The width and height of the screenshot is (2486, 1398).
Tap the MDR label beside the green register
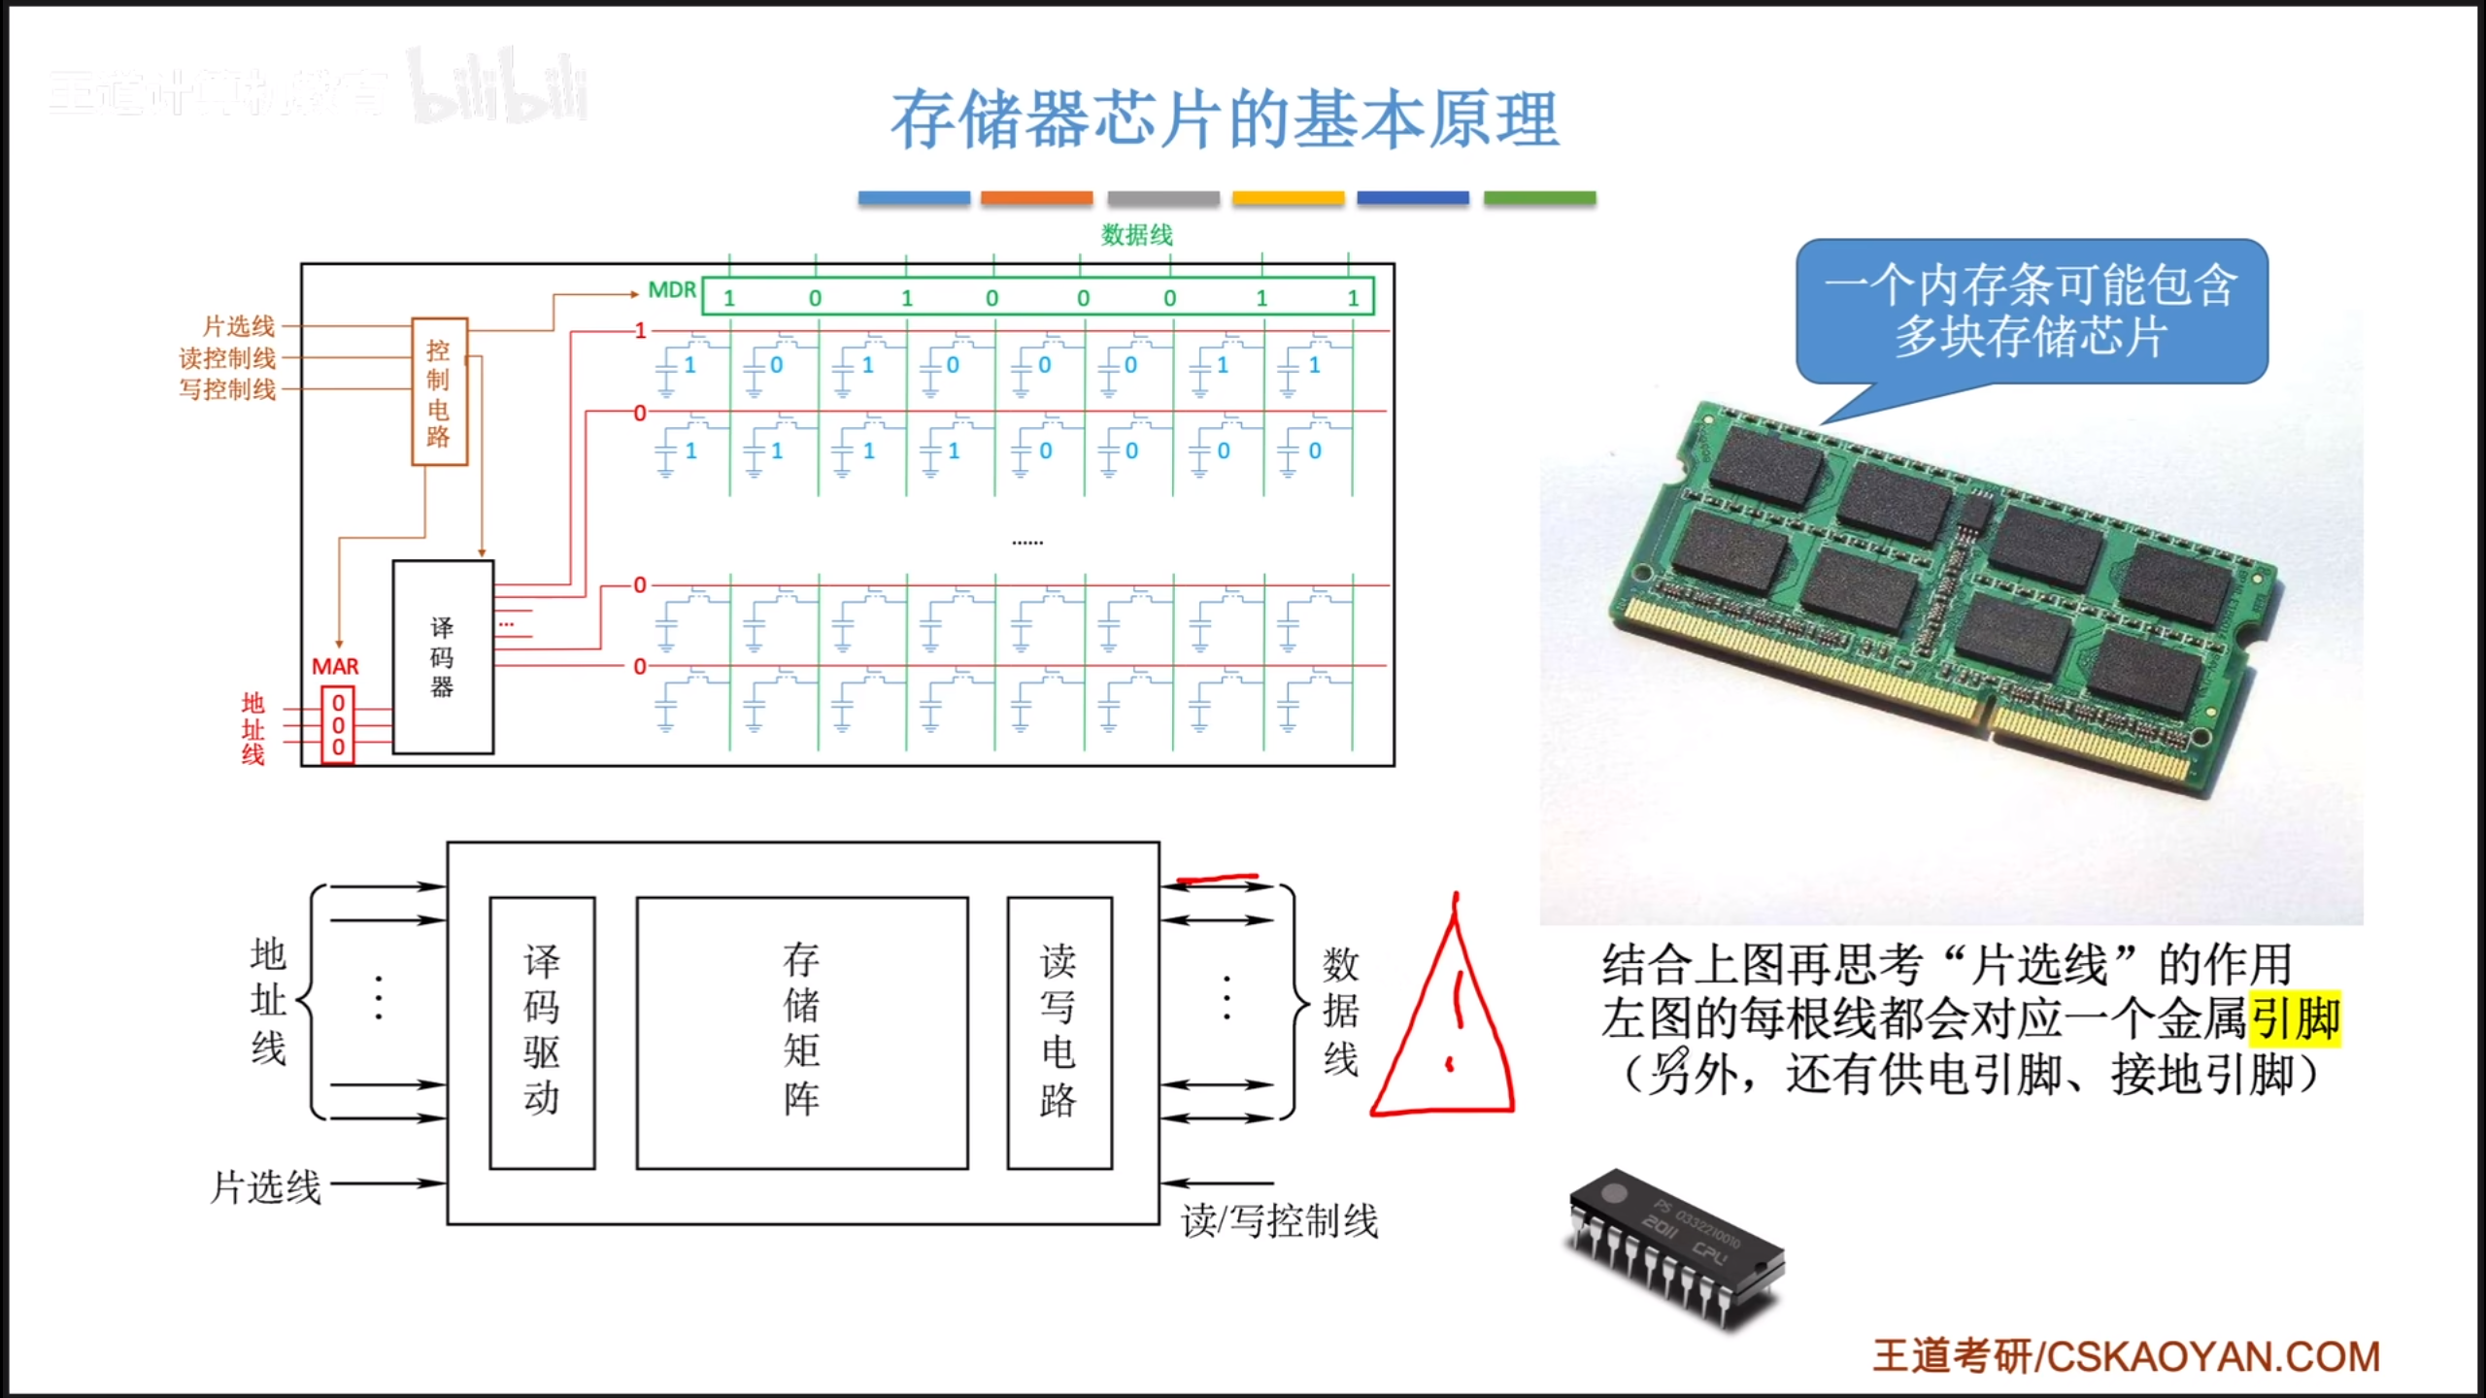coord(672,290)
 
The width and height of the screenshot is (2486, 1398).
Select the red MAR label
coord(335,667)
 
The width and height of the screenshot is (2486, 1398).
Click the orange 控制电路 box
coord(439,392)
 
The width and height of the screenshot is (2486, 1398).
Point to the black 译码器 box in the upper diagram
coord(443,657)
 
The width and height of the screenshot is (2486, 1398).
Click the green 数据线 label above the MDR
coord(1136,235)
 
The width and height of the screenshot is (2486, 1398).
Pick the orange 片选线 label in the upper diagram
coord(239,326)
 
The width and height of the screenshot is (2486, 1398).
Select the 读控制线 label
coord(227,358)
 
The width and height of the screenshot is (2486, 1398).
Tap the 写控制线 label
coord(227,389)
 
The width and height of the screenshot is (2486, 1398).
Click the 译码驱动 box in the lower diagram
coord(542,1032)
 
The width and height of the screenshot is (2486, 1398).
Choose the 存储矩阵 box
coord(802,1032)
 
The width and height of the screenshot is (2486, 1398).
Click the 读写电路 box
coord(1059,1032)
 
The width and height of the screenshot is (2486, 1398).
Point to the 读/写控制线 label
coord(1280,1221)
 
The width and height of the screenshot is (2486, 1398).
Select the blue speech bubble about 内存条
coord(2032,312)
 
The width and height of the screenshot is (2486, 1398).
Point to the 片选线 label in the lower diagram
coord(266,1186)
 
